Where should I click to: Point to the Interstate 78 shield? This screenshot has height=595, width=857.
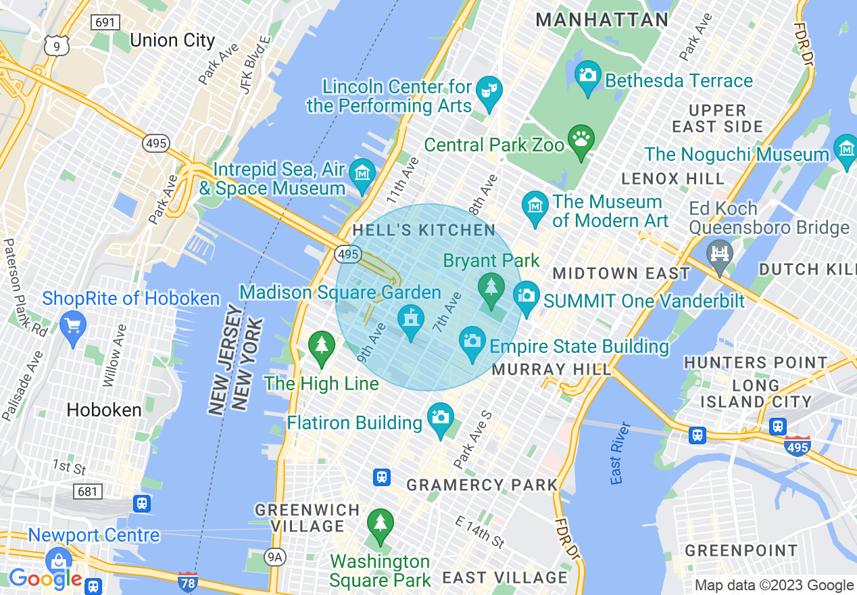tap(187, 581)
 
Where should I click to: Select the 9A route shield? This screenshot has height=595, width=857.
tap(274, 557)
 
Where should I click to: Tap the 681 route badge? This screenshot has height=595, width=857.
tap(88, 492)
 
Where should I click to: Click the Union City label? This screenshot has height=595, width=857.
tap(172, 40)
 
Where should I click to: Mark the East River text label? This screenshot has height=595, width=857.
tap(616, 453)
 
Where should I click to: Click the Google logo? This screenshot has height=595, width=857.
tap(45, 579)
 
